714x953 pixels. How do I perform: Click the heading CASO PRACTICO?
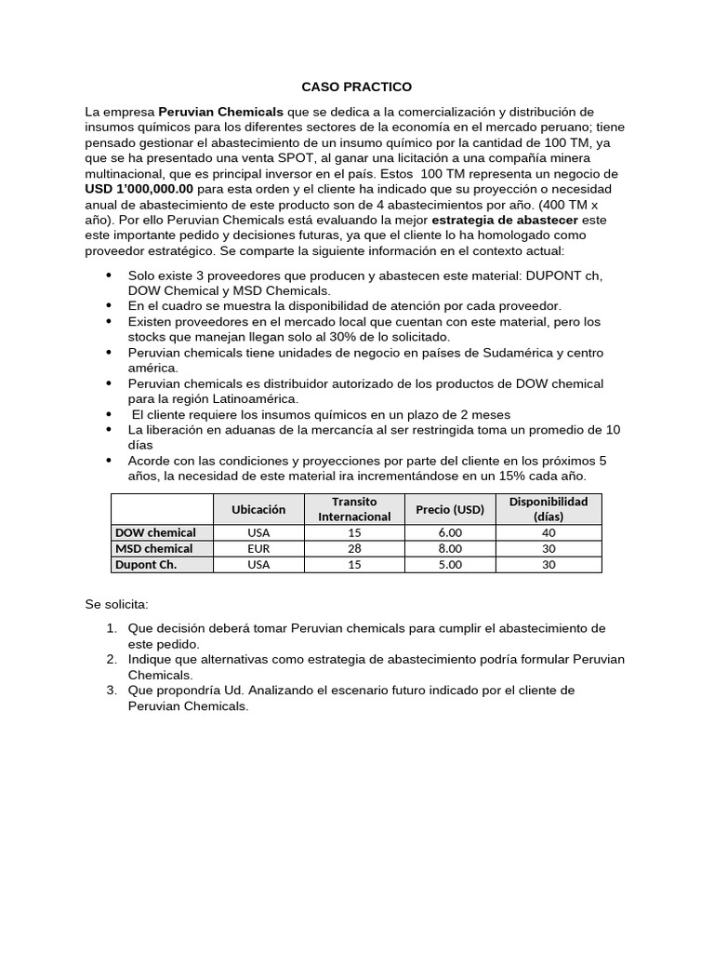click(356, 87)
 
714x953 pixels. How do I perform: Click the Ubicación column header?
click(258, 509)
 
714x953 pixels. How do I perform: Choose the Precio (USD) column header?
click(450, 509)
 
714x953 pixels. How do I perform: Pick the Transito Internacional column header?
click(354, 509)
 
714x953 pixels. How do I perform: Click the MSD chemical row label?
click(154, 549)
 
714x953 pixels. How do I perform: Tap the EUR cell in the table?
click(258, 549)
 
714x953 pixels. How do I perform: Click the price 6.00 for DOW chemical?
click(450, 533)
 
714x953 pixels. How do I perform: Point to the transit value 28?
click(354, 549)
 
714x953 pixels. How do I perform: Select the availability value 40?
click(549, 533)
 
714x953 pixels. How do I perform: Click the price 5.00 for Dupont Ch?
click(450, 565)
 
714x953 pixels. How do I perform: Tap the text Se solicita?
click(116, 605)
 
